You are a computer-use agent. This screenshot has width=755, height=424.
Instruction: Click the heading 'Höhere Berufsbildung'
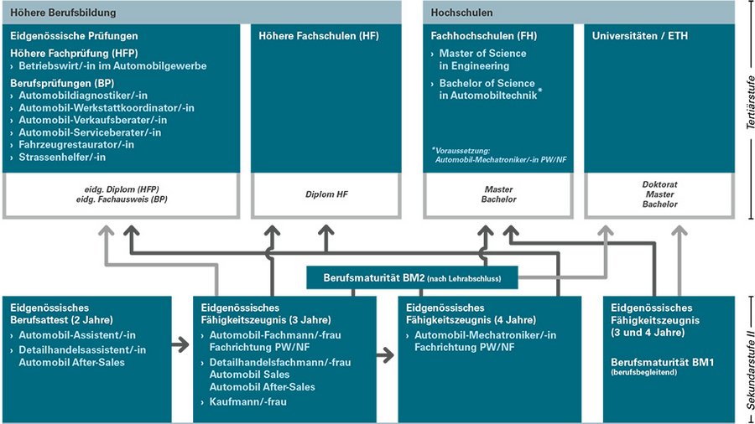[63, 13]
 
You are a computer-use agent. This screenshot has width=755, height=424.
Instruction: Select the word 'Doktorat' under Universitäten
[659, 184]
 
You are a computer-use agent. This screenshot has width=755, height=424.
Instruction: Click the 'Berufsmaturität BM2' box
[413, 277]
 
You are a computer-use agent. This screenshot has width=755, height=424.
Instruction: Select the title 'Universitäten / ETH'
[635, 37]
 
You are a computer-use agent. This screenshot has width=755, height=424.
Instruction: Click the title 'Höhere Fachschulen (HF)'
[308, 37]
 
